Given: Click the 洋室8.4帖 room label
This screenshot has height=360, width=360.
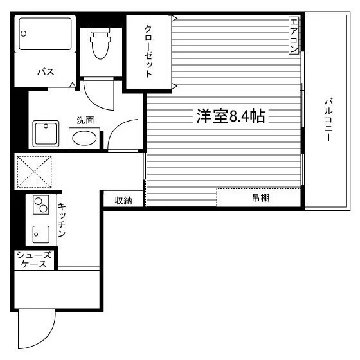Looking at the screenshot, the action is pyautogui.click(x=231, y=116).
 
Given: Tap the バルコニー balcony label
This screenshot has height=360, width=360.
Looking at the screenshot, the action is pyautogui.click(x=328, y=120).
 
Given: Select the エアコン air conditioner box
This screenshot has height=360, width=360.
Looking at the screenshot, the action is pyautogui.click(x=294, y=35).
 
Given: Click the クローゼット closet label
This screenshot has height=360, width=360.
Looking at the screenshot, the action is pyautogui.click(x=148, y=51).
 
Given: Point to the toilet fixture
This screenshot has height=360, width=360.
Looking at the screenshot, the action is pyautogui.click(x=100, y=43).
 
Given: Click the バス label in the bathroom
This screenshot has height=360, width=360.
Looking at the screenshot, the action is pyautogui.click(x=46, y=72).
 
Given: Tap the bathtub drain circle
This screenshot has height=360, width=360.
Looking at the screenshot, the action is pyautogui.click(x=23, y=33).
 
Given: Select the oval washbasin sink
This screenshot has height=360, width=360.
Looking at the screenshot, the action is pyautogui.click(x=84, y=138).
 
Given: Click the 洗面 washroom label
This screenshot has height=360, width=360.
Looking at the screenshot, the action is pyautogui.click(x=85, y=120).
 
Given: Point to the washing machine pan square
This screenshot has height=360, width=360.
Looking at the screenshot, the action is pyautogui.click(x=46, y=134).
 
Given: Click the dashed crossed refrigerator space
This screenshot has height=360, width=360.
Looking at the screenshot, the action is pyautogui.click(x=34, y=172).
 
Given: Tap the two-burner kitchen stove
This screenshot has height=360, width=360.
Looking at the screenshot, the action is pyautogui.click(x=41, y=205).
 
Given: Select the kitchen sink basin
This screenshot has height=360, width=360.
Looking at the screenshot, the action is pyautogui.click(x=41, y=234).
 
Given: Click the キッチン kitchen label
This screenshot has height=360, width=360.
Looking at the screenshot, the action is pyautogui.click(x=62, y=220).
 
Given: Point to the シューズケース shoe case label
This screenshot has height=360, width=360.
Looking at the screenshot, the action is pyautogui.click(x=33, y=260).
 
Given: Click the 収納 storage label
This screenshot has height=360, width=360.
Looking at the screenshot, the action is pyautogui.click(x=123, y=201).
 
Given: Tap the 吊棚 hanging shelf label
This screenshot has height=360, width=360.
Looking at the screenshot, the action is pyautogui.click(x=260, y=198).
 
